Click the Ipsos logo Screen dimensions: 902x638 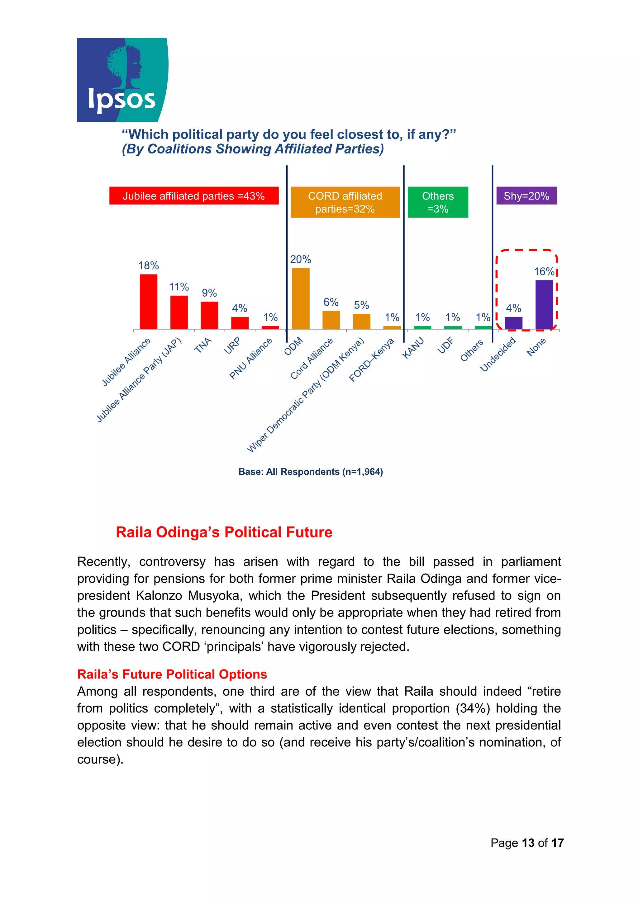(x=122, y=80)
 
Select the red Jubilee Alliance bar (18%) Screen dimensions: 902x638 (x=149, y=301)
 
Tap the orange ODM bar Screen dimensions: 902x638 (x=301, y=298)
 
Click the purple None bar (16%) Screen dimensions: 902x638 (x=544, y=304)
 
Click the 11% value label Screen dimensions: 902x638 (x=179, y=287)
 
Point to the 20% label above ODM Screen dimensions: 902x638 (x=301, y=259)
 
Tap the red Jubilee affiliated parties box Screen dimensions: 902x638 (x=194, y=196)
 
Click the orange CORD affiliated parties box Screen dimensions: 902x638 (x=345, y=202)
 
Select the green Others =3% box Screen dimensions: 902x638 (x=437, y=202)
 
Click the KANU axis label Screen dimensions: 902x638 (x=413, y=348)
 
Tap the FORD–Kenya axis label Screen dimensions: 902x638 (x=371, y=360)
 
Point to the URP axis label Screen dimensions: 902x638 (x=232, y=346)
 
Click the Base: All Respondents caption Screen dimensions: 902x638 (x=311, y=472)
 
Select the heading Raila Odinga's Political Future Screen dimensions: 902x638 (x=224, y=532)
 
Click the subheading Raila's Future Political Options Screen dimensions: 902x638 (x=172, y=674)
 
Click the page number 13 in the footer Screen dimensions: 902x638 (x=528, y=843)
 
